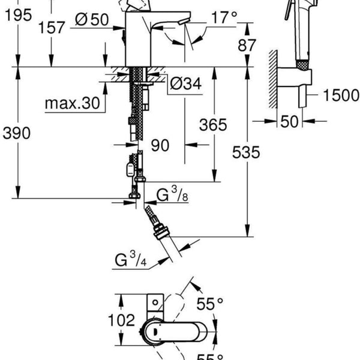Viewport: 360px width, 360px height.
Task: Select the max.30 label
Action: tap(71, 103)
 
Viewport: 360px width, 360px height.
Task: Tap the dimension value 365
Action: tap(214, 125)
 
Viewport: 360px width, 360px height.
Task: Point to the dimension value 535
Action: tap(247, 152)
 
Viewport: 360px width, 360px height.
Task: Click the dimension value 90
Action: tap(159, 146)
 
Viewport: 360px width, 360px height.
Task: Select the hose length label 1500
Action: tap(341, 94)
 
